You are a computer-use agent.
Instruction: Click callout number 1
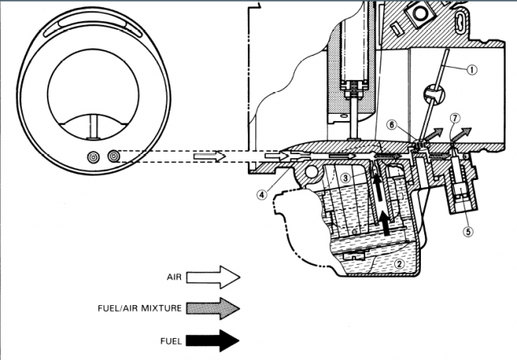pos(472,70)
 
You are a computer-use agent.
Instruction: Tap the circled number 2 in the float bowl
pos(399,264)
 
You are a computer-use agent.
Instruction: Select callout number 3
pos(345,178)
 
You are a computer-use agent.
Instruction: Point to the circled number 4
pos(262,195)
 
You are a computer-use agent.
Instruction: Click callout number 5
pos(468,232)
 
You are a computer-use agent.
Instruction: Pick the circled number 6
pos(392,125)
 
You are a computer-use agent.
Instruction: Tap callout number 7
pos(455,118)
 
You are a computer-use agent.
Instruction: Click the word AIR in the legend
pos(174,277)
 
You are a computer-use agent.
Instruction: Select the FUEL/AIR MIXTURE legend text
pos(140,308)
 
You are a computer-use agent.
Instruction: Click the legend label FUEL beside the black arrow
pos(171,341)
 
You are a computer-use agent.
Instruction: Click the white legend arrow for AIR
pos(213,278)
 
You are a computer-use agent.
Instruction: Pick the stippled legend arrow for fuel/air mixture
pos(213,308)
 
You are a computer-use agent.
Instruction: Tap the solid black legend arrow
pos(213,341)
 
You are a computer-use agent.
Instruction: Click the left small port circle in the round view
pos(94,157)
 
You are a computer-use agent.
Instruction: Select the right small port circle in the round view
pos(114,156)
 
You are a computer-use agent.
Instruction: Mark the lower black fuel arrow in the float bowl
pos(385,223)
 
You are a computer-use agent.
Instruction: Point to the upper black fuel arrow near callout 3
pos(377,186)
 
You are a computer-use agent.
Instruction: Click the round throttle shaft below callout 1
pos(433,94)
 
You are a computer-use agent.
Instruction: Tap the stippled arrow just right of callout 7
pos(461,134)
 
